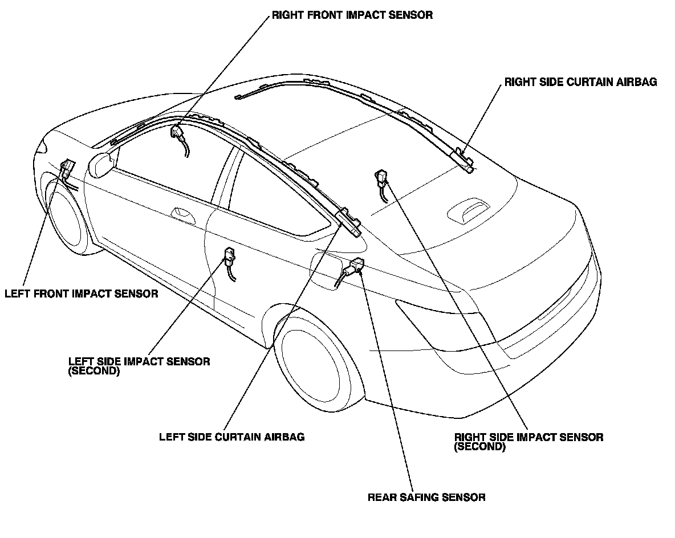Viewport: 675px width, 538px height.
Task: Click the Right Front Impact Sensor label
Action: pos(352,15)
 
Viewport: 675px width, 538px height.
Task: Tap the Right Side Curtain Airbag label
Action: pos(580,82)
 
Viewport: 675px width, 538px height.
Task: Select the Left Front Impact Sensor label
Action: pos(81,294)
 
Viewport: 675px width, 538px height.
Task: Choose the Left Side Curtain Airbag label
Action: pos(231,437)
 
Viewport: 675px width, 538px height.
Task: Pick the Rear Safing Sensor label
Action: pos(426,498)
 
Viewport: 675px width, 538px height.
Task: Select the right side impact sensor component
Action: pos(380,178)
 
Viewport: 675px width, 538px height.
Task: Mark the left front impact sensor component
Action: pos(67,168)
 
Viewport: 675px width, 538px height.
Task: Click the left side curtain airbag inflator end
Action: pos(349,221)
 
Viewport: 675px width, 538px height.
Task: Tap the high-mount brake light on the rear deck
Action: pos(469,210)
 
